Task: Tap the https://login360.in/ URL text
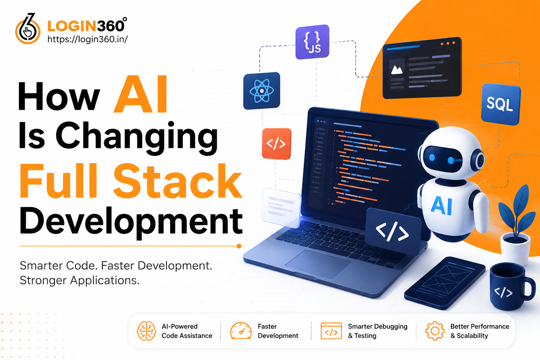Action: [88, 39]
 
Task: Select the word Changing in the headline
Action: [137, 137]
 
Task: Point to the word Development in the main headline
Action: [131, 221]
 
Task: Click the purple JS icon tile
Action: [313, 42]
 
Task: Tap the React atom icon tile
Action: [262, 91]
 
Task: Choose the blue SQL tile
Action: [501, 104]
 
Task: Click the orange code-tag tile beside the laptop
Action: [277, 144]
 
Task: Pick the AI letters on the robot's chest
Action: [442, 205]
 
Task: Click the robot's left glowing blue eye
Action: [432, 158]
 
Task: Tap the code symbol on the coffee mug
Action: [503, 292]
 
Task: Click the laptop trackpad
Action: [318, 264]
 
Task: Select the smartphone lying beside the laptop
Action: [445, 283]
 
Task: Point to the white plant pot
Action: [516, 250]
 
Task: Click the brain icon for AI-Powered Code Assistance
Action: [146, 331]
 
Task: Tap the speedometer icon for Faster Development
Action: [240, 331]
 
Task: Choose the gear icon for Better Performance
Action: [435, 331]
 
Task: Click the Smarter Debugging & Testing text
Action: [378, 331]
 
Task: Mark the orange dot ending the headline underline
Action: [239, 246]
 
